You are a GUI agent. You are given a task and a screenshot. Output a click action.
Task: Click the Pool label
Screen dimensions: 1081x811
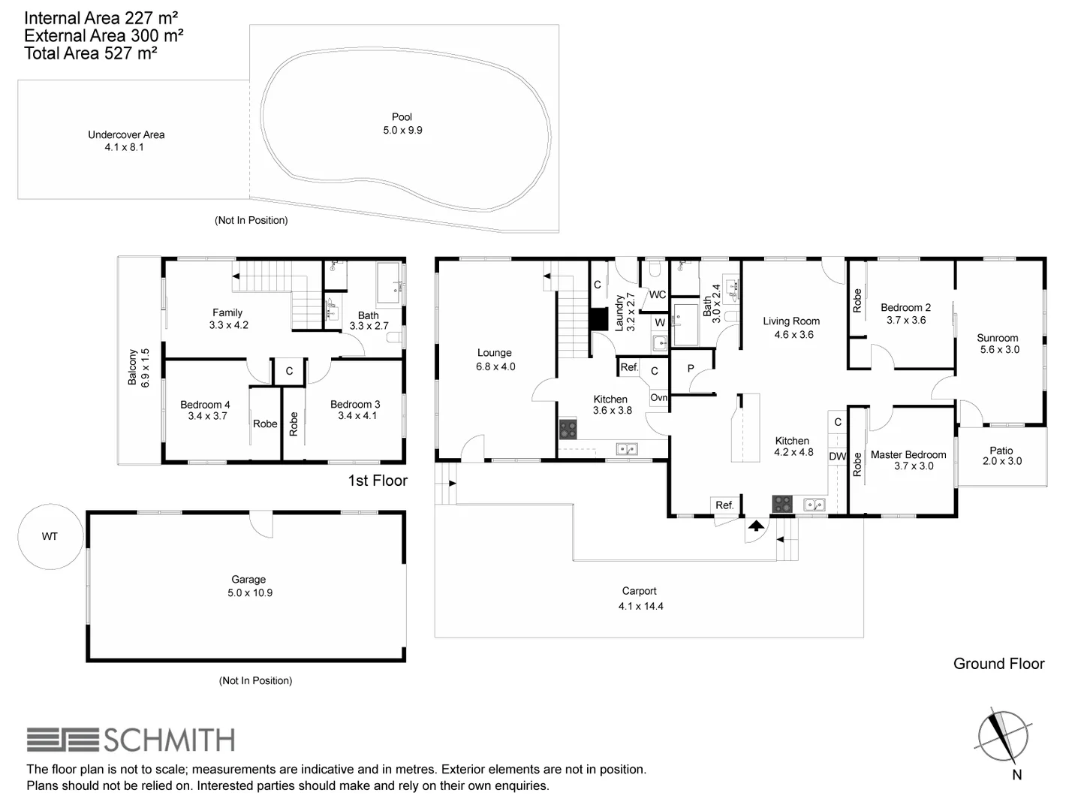coord(402,117)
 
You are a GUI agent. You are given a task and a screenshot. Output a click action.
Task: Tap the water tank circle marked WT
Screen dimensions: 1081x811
coord(49,536)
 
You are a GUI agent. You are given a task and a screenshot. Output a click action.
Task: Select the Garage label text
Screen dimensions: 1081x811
coord(248,580)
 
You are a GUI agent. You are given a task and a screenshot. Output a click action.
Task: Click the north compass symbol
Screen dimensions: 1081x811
coord(1003,737)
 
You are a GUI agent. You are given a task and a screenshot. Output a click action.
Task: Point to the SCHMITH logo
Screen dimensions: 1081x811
coord(131,740)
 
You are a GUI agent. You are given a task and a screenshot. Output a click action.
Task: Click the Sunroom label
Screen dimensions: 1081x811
coord(997,338)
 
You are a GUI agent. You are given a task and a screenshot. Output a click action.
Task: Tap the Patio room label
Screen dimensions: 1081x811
coord(1001,451)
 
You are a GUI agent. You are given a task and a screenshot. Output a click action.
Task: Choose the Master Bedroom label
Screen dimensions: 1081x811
coord(908,454)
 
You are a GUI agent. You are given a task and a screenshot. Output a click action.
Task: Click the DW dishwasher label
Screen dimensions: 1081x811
coord(837,457)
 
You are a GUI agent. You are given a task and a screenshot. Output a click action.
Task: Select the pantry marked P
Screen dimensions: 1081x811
coord(691,369)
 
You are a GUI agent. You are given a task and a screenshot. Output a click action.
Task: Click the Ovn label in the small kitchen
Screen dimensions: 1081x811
coord(658,398)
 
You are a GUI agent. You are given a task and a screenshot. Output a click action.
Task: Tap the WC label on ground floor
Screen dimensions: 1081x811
coord(658,294)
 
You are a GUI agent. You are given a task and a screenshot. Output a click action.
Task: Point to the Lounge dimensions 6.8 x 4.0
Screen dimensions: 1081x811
coord(495,366)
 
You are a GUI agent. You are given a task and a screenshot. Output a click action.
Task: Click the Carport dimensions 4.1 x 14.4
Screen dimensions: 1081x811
coord(640,606)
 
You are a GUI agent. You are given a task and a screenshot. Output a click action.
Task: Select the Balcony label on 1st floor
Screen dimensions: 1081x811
coord(132,367)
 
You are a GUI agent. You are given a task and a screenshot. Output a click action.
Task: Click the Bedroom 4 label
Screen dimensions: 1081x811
coord(205,405)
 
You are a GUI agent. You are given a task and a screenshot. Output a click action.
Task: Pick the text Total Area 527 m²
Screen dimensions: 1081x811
coord(91,53)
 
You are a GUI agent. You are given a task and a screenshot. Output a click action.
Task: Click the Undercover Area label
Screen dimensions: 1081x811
coord(126,135)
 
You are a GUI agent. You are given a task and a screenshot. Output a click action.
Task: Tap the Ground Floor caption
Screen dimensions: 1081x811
coord(998,664)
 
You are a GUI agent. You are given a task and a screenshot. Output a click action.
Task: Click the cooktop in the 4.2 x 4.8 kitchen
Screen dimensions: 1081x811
coord(782,504)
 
